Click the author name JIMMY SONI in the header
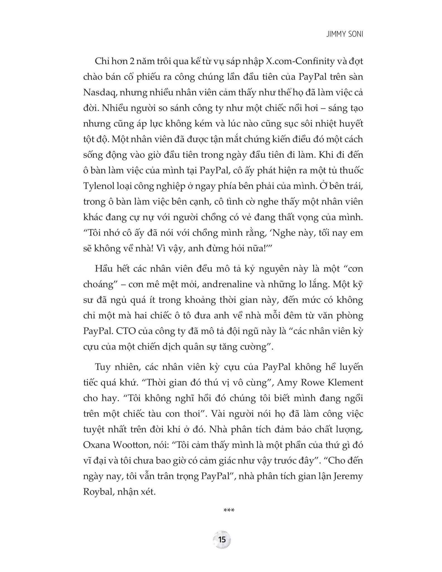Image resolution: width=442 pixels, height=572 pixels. coord(345,35)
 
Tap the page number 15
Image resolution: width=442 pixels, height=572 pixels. coord(222,540)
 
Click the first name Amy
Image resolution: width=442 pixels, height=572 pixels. coord(288,382)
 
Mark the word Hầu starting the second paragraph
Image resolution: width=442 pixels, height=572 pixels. coord(103,269)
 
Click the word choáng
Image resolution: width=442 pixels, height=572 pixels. coord(100,285)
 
